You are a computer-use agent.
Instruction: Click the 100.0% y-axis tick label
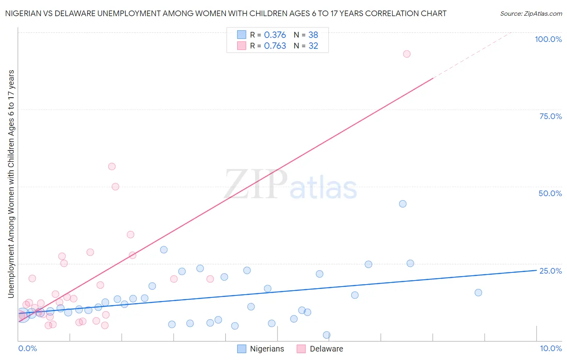(x=548, y=39)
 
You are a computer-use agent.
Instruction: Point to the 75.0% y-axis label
(x=550, y=116)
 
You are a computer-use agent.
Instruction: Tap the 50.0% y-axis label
(x=550, y=193)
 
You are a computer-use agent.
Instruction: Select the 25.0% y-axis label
(x=550, y=271)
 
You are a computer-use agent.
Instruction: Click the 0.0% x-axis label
(x=27, y=348)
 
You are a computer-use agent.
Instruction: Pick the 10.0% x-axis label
(x=550, y=348)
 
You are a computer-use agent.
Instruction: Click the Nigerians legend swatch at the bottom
(x=242, y=349)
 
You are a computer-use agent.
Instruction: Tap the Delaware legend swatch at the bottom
(x=301, y=349)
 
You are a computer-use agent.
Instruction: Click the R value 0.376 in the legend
(x=275, y=35)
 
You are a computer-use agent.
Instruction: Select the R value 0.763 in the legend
(x=275, y=46)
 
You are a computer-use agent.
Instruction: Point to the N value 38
(x=313, y=35)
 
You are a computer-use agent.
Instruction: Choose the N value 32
(x=313, y=46)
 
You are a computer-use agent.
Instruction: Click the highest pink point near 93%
(x=406, y=54)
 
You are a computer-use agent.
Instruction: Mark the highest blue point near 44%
(x=402, y=204)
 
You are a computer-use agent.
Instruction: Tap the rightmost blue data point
(x=478, y=293)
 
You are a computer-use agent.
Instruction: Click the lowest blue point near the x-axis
(x=327, y=335)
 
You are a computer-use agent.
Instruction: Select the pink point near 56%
(x=112, y=167)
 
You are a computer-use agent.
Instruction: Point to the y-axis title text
(x=11, y=184)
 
